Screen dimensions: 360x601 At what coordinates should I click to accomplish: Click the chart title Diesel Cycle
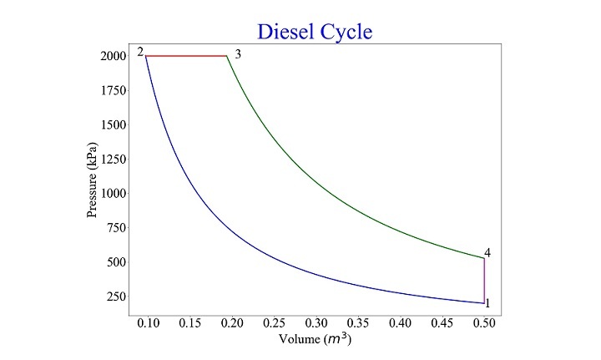(314, 32)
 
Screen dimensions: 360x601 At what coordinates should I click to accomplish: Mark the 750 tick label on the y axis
(112, 227)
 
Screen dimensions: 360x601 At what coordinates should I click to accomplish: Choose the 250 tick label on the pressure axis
(112, 296)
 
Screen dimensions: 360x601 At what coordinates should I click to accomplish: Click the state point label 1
(487, 303)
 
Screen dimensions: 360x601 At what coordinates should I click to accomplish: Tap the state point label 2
(141, 53)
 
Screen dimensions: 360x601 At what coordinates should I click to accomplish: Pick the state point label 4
(487, 253)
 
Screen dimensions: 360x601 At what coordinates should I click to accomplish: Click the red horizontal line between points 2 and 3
(187, 56)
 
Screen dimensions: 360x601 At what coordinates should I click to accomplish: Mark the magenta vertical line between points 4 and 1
(484, 281)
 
